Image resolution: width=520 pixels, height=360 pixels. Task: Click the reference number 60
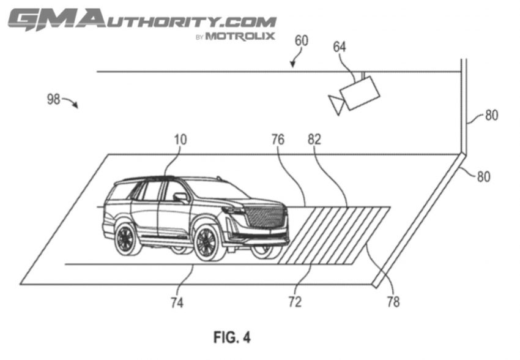click(x=302, y=41)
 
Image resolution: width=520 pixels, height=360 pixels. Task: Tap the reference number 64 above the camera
click(x=340, y=47)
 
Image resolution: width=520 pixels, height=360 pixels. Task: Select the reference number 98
click(x=53, y=99)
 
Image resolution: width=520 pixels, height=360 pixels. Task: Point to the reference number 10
click(x=180, y=140)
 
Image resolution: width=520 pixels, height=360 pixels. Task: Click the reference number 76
click(x=278, y=140)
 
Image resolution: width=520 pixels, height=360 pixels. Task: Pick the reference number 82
click(x=314, y=140)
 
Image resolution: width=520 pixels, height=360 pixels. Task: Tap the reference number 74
click(x=177, y=302)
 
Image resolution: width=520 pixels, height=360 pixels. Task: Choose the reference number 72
click(x=295, y=302)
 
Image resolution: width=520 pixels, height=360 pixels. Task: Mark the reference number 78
click(x=393, y=302)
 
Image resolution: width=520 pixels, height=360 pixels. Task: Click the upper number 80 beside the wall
click(x=491, y=115)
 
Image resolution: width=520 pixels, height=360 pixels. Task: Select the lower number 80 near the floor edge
click(x=483, y=176)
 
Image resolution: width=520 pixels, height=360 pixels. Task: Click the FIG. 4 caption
click(x=232, y=337)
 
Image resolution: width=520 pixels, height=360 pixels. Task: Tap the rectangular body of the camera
click(x=360, y=93)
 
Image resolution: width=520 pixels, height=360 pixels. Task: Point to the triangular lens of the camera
click(x=336, y=104)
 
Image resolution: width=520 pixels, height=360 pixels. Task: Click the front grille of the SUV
click(x=266, y=217)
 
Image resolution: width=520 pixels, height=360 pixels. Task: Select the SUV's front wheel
click(x=207, y=243)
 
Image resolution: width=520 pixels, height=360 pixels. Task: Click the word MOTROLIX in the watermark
click(x=240, y=36)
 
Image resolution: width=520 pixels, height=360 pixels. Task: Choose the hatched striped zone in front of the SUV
click(x=334, y=235)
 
